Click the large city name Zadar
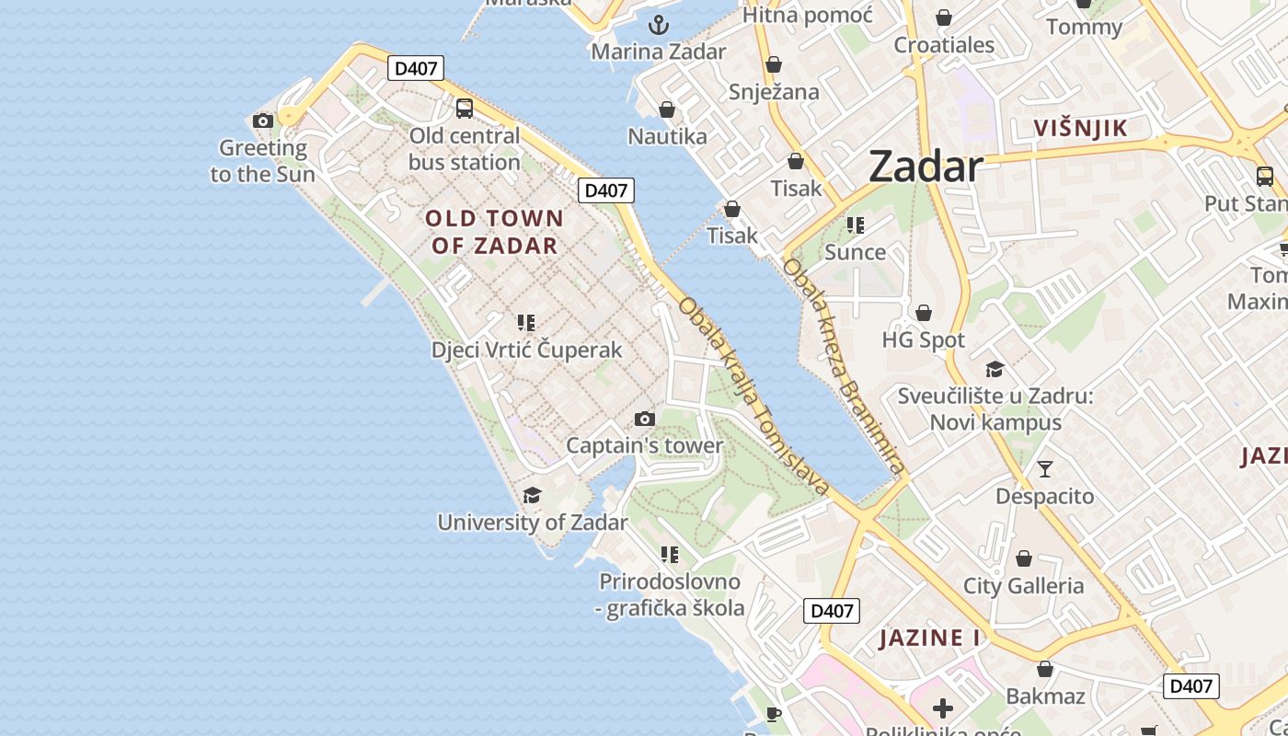click(926, 167)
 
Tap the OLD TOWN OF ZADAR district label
click(495, 232)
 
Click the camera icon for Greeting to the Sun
click(263, 121)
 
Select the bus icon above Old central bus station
click(465, 109)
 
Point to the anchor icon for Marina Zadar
click(658, 25)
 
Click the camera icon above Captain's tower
click(645, 420)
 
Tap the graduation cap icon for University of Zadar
click(532, 496)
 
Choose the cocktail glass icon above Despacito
click(1045, 469)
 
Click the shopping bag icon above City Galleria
click(1024, 558)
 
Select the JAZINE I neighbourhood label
click(929, 638)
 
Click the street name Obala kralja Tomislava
click(754, 396)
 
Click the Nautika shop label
click(668, 137)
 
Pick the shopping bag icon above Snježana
click(774, 64)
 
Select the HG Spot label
click(924, 340)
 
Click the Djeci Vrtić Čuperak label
click(527, 351)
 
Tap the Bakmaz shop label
click(1045, 696)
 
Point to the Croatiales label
click(944, 45)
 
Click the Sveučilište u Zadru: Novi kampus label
click(995, 409)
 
